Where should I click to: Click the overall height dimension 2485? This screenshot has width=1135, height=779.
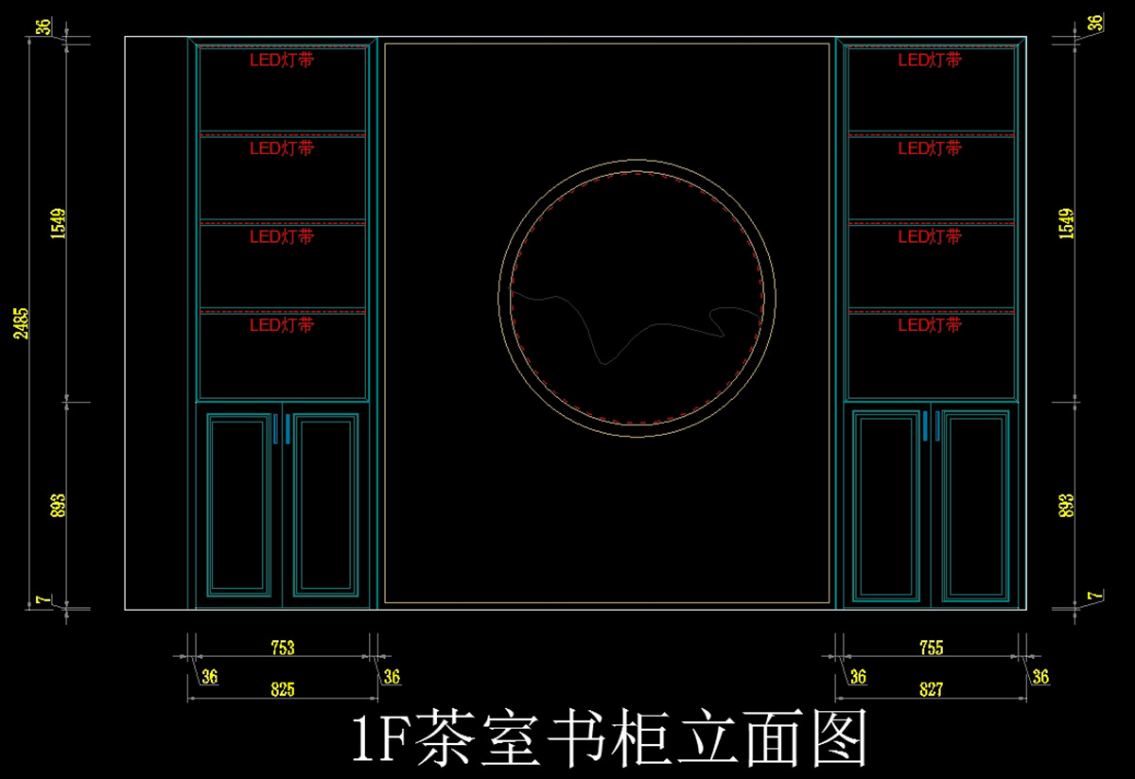[x=21, y=323]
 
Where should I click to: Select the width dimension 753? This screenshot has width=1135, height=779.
[x=282, y=648]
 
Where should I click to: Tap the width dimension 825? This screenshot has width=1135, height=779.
[x=282, y=689]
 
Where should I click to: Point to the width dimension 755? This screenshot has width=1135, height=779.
[x=932, y=648]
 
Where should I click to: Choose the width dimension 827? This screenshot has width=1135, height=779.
[x=932, y=689]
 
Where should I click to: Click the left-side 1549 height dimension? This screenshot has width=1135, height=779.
[x=58, y=223]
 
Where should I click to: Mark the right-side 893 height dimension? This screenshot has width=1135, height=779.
[x=1066, y=506]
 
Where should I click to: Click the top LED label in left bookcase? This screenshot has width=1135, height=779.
[x=282, y=60]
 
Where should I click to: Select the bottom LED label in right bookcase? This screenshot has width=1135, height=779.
[x=930, y=324]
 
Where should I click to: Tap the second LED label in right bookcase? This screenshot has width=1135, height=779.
[x=930, y=148]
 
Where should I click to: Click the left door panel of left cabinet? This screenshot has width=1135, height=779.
[x=238, y=505]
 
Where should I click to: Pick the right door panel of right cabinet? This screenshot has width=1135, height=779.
[x=976, y=506]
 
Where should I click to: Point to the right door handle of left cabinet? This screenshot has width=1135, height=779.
[x=288, y=429]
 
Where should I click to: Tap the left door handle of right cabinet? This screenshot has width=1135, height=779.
[x=925, y=426]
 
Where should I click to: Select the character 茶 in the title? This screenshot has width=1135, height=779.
[x=445, y=737]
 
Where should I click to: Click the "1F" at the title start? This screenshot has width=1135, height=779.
[x=380, y=738]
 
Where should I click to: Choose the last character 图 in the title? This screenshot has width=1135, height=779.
[x=840, y=737]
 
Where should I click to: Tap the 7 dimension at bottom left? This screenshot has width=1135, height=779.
[x=44, y=599]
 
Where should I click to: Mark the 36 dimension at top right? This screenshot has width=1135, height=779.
[x=1095, y=23]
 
